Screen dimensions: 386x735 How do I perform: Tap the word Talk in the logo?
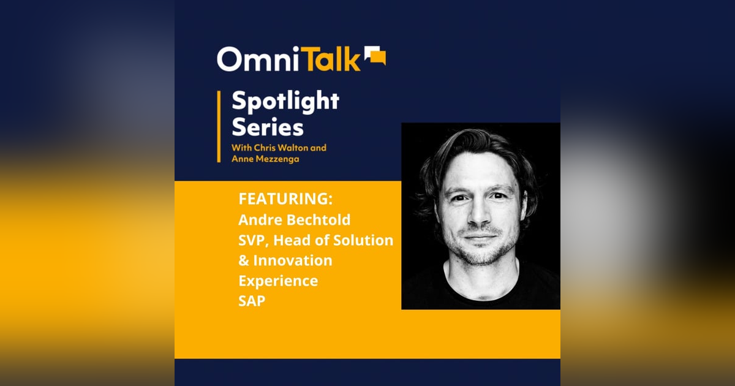coord(331,59)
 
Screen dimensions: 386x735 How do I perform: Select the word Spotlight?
coord(285,102)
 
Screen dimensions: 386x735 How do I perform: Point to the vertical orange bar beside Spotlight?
coord(219,126)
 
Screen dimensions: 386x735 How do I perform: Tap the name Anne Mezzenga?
coord(264,159)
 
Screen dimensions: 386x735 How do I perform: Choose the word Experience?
coord(278,281)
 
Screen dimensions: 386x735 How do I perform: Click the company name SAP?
coord(252,301)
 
